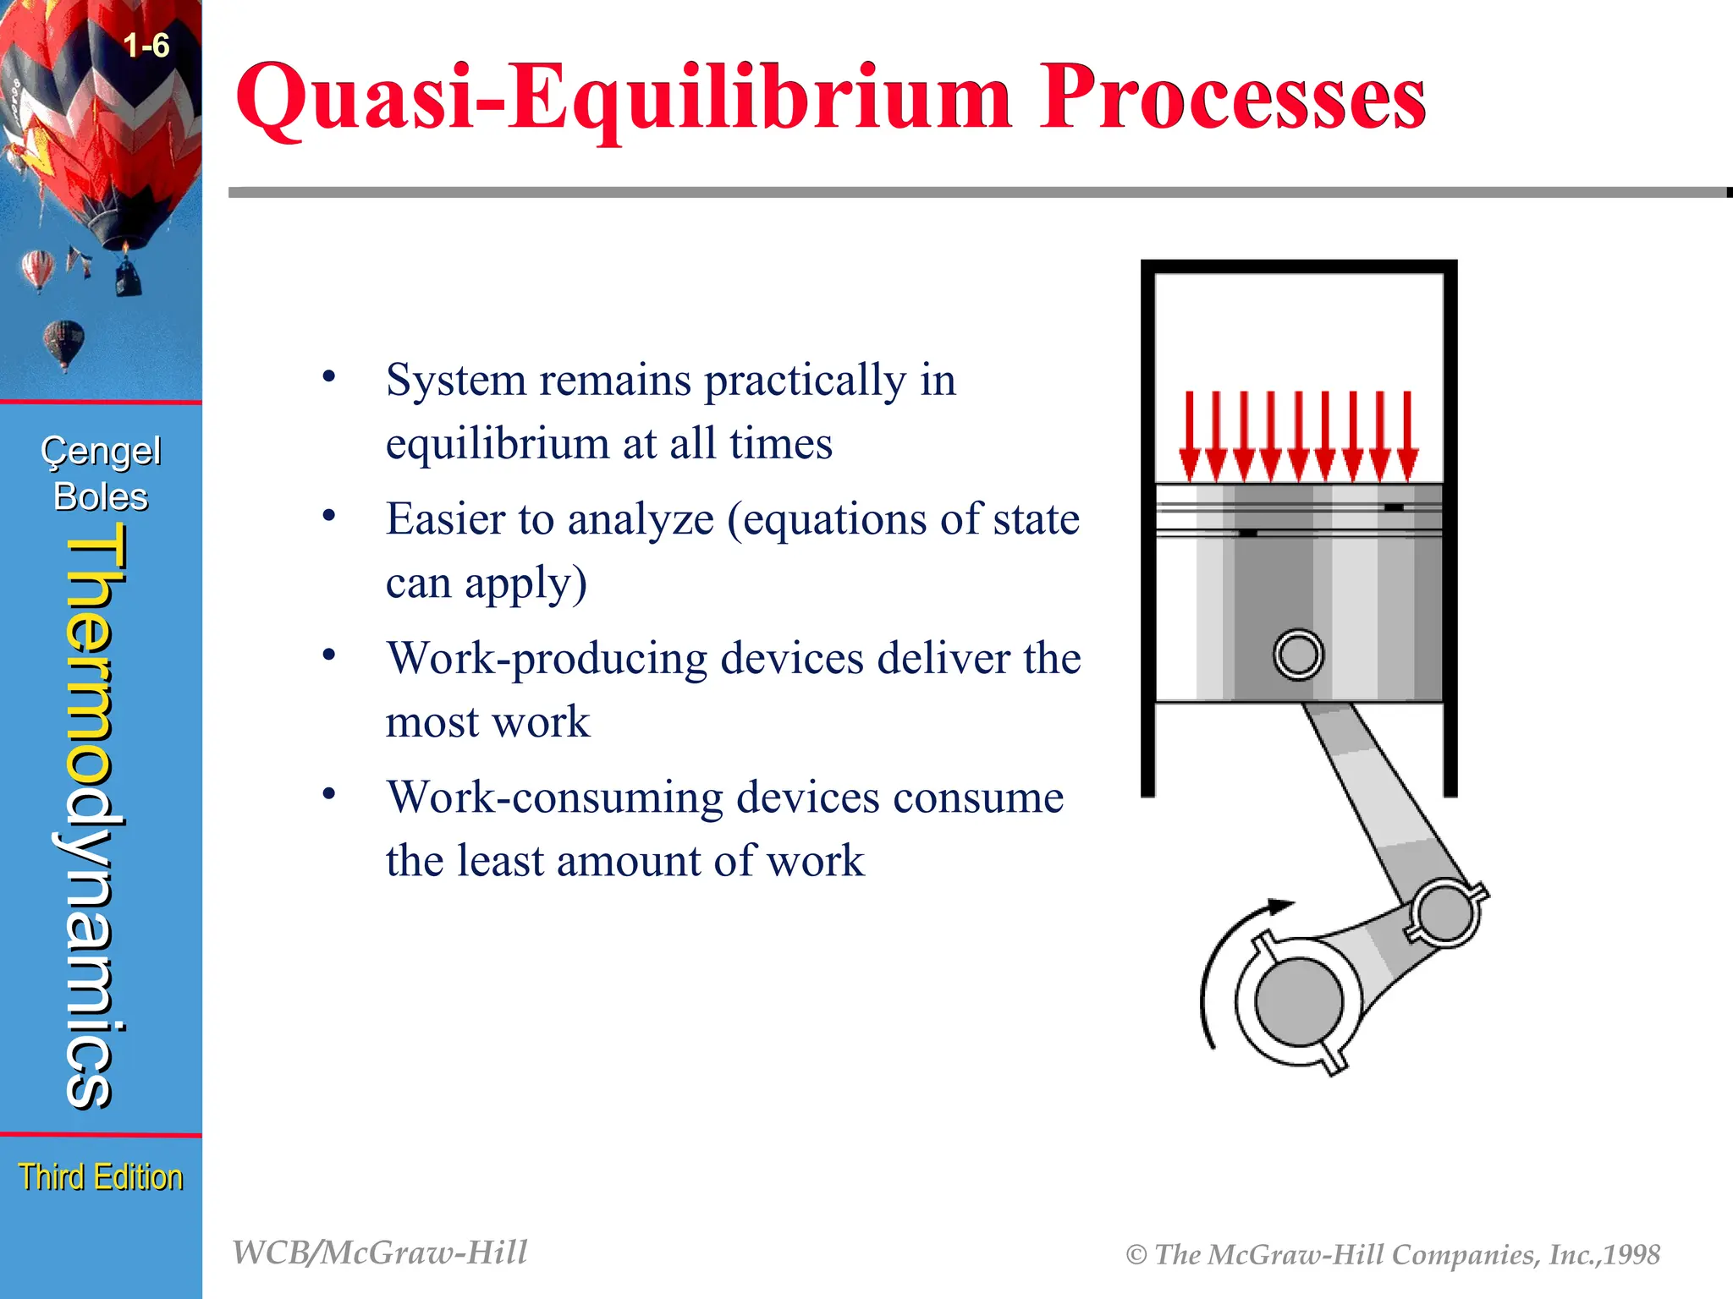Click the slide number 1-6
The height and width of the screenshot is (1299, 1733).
(x=146, y=46)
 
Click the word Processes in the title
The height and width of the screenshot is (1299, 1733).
(x=1233, y=99)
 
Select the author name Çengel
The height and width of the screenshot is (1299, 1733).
(x=101, y=452)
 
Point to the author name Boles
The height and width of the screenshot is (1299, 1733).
(x=101, y=497)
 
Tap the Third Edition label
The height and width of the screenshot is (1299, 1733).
(x=101, y=1177)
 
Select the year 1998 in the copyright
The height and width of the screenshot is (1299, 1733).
(x=1631, y=1254)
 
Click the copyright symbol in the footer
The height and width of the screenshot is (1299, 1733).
(x=1136, y=1255)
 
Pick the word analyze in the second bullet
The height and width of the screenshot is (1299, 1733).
(x=641, y=519)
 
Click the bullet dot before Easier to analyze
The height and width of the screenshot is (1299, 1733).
(x=329, y=515)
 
